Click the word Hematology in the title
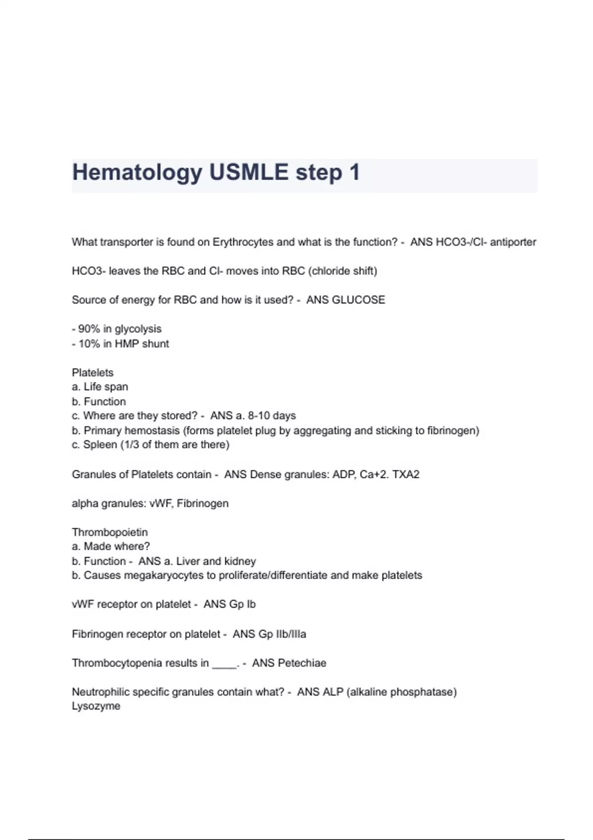pos(137,173)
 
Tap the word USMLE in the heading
pos(249,173)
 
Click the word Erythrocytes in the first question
pos(243,242)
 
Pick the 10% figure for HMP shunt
pos(89,344)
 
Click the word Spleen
pos(100,445)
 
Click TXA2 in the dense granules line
pos(406,474)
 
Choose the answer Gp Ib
pos(242,604)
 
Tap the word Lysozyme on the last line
pos(96,706)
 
